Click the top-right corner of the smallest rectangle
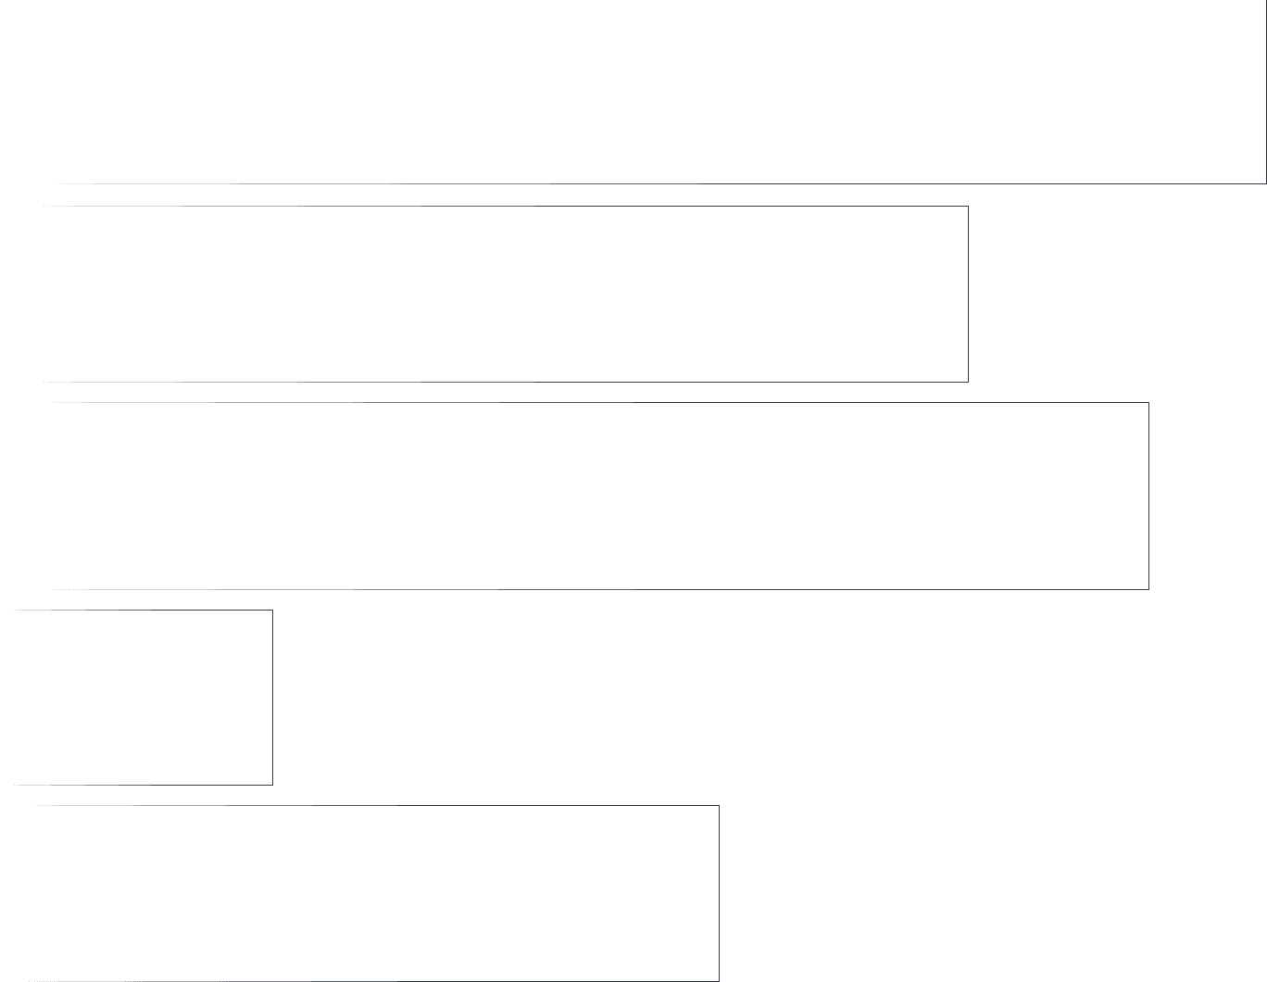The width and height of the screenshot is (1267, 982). [x=272, y=610]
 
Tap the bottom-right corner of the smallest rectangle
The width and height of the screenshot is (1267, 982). [x=272, y=785]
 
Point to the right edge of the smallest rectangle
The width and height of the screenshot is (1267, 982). [x=272, y=697]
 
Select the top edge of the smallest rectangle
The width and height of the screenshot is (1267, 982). [x=144, y=610]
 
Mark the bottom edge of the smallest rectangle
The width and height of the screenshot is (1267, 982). [x=144, y=785]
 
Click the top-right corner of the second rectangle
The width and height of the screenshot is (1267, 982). [x=968, y=206]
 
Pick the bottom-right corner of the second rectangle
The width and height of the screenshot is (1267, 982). [x=968, y=382]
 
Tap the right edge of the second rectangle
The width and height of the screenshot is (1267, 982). [x=968, y=294]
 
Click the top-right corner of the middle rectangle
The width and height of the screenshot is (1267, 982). [x=1148, y=402]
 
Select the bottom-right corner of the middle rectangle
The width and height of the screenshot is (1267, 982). [x=1148, y=589]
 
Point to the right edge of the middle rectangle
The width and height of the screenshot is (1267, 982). [x=1148, y=496]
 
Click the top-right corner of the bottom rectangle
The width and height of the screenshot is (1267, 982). [x=719, y=805]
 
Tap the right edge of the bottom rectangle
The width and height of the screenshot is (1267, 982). [x=719, y=893]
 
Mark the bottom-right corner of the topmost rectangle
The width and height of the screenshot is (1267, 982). [x=1266, y=183]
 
